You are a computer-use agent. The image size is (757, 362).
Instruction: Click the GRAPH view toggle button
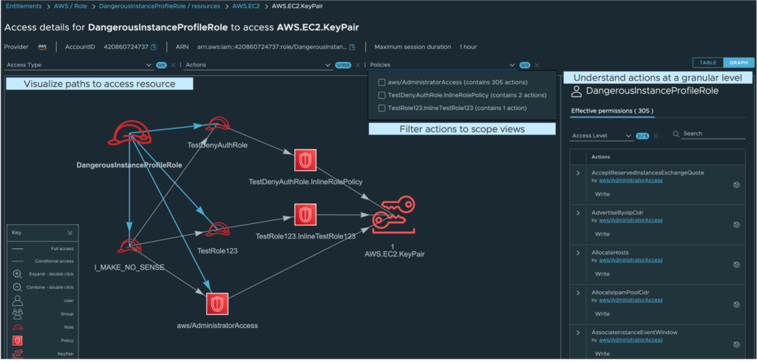click(x=737, y=62)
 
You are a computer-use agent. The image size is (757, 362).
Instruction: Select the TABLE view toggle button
click(x=708, y=62)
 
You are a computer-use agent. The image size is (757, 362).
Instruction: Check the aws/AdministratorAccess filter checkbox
click(x=381, y=82)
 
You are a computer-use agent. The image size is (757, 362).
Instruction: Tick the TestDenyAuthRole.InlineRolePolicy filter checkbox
click(x=381, y=95)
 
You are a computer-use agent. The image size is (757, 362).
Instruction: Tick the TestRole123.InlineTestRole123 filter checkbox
click(x=381, y=108)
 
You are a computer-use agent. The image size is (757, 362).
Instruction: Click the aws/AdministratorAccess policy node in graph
click(x=217, y=304)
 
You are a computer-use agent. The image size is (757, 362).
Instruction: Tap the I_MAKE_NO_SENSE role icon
click(x=129, y=247)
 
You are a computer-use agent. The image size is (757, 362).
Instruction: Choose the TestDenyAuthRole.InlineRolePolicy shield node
click(x=305, y=160)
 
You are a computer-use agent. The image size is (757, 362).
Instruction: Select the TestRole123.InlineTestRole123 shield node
click(x=305, y=216)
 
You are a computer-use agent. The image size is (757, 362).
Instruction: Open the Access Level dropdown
click(x=602, y=136)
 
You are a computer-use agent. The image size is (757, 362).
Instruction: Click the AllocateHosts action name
click(x=610, y=253)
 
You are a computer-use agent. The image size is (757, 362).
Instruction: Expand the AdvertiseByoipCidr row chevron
click(x=577, y=213)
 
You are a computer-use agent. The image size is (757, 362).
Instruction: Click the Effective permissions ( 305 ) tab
click(x=611, y=112)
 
